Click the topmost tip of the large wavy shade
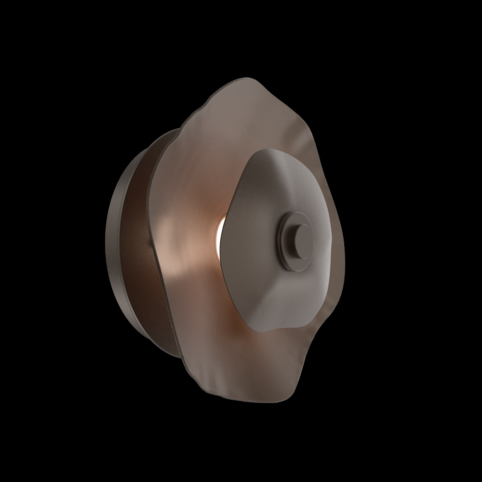pyautogui.click(x=247, y=79)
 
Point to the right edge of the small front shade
pyautogui.click(x=333, y=236)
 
